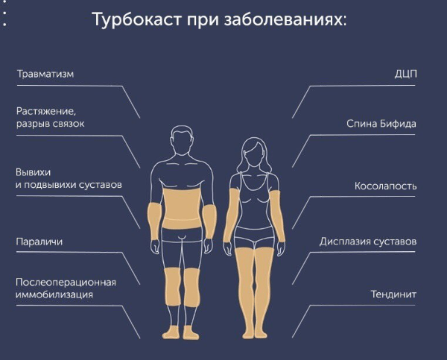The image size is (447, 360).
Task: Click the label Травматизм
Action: pyautogui.click(x=45, y=75)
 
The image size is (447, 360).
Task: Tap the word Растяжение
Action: pyautogui.click(x=46, y=111)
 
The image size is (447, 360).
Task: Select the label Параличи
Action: pyautogui.click(x=39, y=242)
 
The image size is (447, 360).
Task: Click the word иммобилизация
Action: pyautogui.click(x=54, y=294)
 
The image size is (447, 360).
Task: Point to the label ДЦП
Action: pyautogui.click(x=405, y=75)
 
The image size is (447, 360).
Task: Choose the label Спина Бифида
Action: pyautogui.click(x=381, y=124)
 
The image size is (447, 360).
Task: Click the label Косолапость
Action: pyautogui.click(x=385, y=186)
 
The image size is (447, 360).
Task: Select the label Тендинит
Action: pyautogui.click(x=393, y=294)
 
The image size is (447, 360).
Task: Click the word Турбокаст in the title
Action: pyautogui.click(x=137, y=20)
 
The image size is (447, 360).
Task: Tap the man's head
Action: pyautogui.click(x=183, y=140)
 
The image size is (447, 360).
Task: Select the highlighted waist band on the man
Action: pyautogui.click(x=182, y=209)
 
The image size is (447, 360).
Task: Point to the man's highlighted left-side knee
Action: pyautogui.click(x=173, y=286)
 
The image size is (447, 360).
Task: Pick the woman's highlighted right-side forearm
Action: pyautogui.click(x=277, y=216)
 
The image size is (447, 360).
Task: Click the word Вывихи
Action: pyautogui.click(x=33, y=173)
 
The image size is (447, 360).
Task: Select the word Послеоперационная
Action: pyautogui.click(x=66, y=282)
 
